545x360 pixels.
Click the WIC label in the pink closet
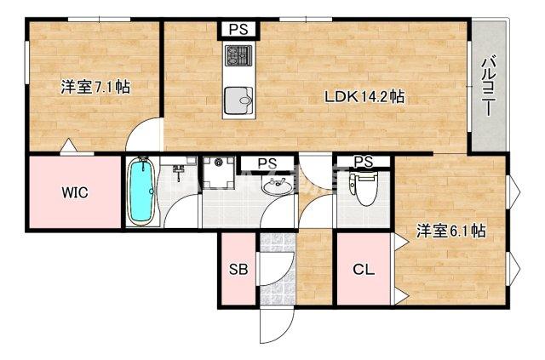pos(75,191)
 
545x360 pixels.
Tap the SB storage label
pos(238,271)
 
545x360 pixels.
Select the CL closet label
pos(364,271)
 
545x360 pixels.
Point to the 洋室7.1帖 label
pos(95,87)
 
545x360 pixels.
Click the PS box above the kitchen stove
pos(238,29)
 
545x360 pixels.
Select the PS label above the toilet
pos(363,162)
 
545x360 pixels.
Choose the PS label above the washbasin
pos(267,163)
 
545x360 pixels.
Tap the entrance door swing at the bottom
pos(277,328)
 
